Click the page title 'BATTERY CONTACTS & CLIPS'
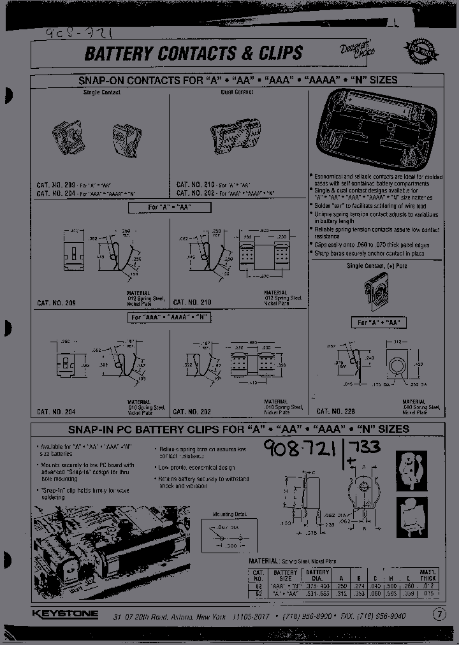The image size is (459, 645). click(x=194, y=54)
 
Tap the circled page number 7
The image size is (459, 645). click(x=439, y=614)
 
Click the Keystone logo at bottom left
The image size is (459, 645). click(x=65, y=614)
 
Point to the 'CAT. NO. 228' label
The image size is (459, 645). click(x=337, y=412)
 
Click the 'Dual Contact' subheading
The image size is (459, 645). click(x=237, y=92)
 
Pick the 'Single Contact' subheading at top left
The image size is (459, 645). click(x=102, y=92)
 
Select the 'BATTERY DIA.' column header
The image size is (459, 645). click(x=317, y=575)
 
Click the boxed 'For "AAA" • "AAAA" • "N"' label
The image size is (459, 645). click(x=170, y=317)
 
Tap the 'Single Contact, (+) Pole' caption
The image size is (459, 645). click(x=377, y=265)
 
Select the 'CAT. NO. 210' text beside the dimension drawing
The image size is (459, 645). click(x=193, y=302)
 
